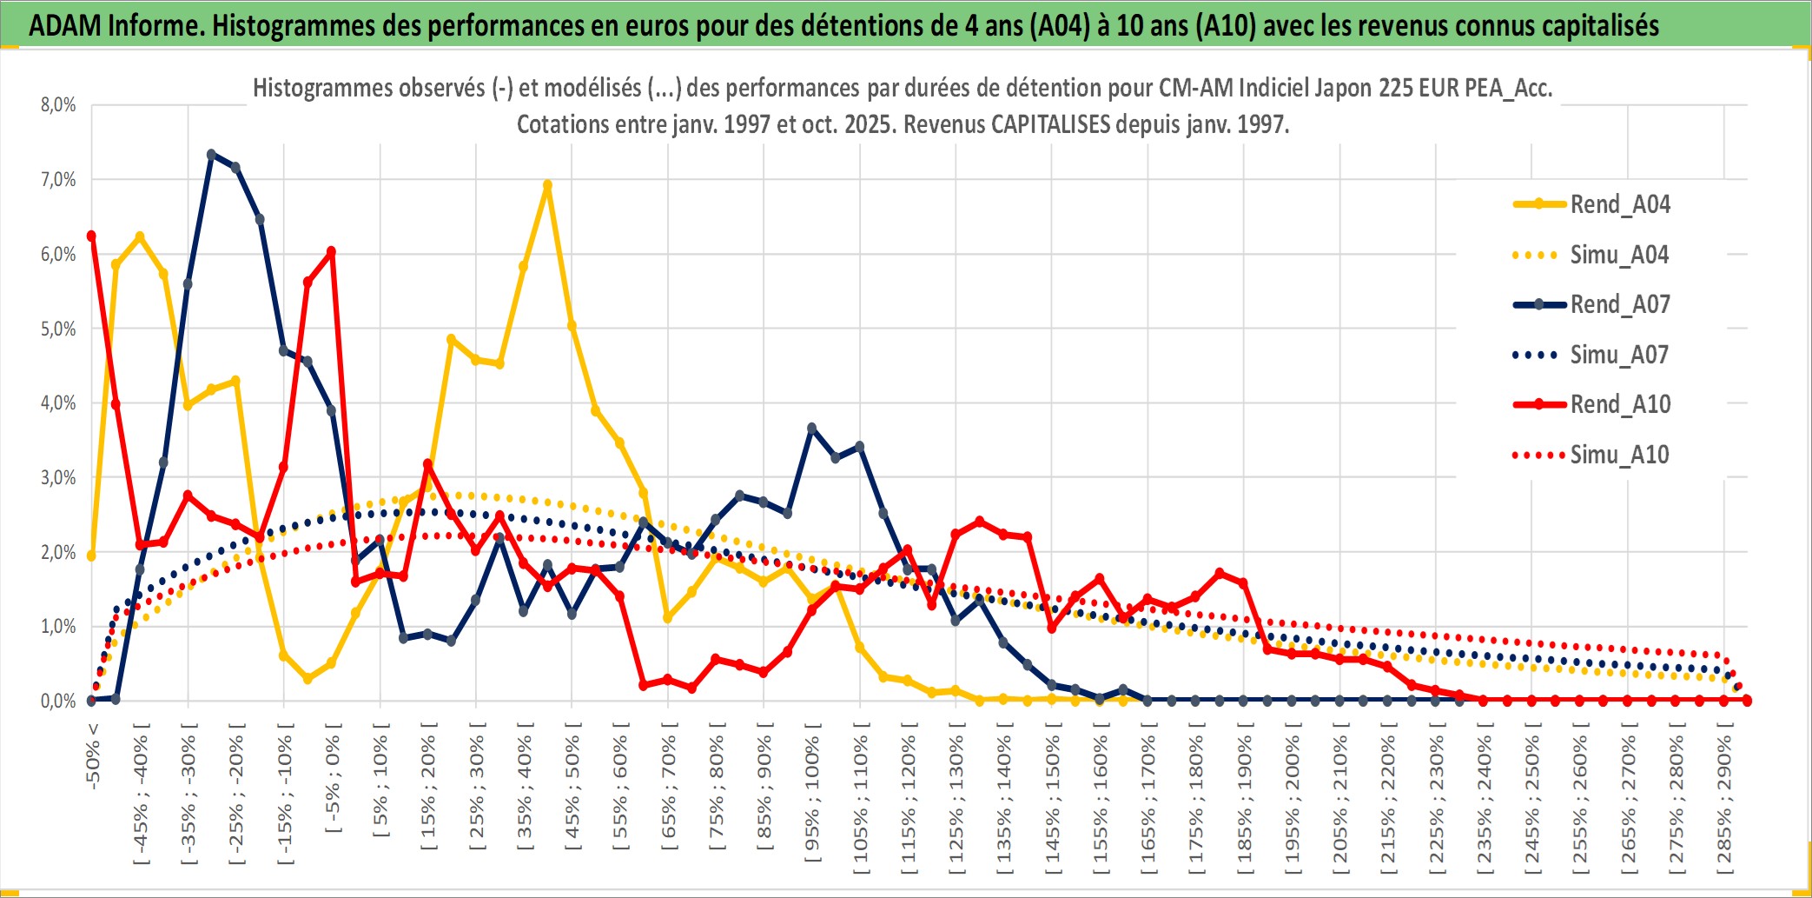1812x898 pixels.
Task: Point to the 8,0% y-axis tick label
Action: coord(58,105)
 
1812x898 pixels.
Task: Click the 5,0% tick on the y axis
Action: coord(58,329)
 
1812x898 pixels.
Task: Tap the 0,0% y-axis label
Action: coord(58,701)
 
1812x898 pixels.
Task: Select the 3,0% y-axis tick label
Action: coord(58,477)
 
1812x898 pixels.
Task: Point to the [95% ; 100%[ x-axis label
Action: coord(812,800)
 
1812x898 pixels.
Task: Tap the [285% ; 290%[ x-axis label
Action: coord(1724,804)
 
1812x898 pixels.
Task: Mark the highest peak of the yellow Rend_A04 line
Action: coord(547,185)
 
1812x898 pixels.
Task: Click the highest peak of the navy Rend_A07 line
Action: coord(211,155)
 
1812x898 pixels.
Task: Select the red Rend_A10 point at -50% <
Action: coord(91,236)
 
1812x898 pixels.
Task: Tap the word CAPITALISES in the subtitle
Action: coord(1050,124)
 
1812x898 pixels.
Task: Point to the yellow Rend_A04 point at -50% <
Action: coord(91,555)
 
